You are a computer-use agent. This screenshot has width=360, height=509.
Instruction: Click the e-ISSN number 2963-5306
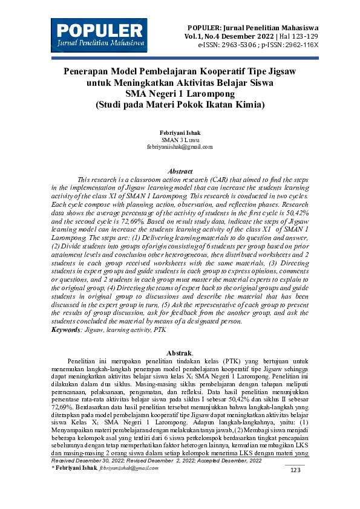click(246, 45)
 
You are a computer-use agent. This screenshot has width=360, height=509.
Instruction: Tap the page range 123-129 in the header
click(303, 36)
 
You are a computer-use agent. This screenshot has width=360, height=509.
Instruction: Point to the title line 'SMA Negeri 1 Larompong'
click(180, 93)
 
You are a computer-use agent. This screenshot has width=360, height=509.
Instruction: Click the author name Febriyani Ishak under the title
click(180, 132)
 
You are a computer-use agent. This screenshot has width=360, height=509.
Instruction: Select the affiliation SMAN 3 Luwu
click(180, 139)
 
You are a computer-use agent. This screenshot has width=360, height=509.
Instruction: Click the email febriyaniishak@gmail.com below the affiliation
click(180, 146)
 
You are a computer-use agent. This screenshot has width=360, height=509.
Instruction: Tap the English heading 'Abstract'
click(180, 172)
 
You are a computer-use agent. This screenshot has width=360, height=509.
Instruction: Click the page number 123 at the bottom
click(296, 487)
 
